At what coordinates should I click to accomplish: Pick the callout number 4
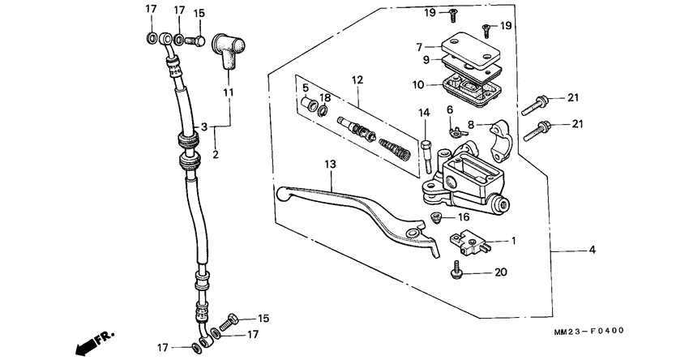(592, 251)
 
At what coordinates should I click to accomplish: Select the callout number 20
(499, 272)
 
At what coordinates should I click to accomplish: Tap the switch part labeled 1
(468, 241)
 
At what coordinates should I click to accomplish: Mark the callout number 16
(464, 217)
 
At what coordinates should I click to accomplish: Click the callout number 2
(216, 154)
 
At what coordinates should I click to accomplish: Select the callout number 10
(418, 84)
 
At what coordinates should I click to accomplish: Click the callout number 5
(306, 87)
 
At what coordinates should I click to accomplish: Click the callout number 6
(449, 109)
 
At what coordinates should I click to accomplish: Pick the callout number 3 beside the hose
(205, 127)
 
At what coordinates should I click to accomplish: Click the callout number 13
(330, 164)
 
